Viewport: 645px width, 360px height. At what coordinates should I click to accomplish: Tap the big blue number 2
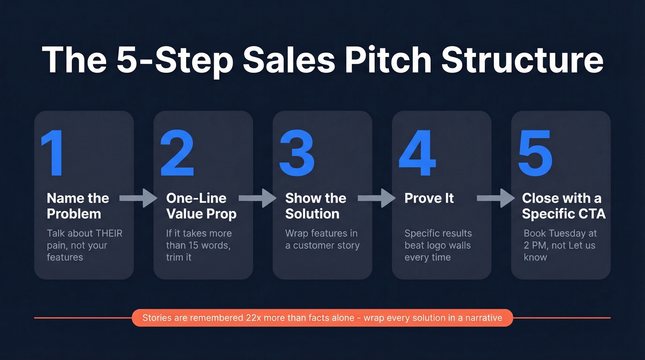(x=177, y=153)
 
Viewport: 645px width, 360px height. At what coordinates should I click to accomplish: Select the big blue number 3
(x=296, y=153)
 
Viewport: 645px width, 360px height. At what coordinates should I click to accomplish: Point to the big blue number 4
(x=417, y=153)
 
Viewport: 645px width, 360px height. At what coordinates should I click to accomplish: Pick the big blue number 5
(x=535, y=153)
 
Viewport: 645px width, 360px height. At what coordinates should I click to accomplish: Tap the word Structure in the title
(x=522, y=60)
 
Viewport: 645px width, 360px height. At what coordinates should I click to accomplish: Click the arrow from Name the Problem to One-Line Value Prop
(x=138, y=198)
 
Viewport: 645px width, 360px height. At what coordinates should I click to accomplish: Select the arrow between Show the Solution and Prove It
(x=376, y=198)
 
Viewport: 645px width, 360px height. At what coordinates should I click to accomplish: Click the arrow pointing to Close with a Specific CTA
(x=496, y=198)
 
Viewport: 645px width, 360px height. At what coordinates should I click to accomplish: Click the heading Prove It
(x=429, y=198)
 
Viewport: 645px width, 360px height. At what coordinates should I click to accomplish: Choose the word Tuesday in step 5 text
(x=565, y=233)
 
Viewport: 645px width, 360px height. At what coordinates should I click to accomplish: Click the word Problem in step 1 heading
(x=74, y=214)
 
